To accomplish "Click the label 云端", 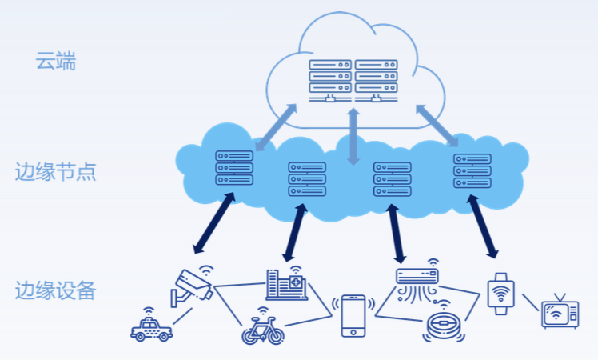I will click(x=55, y=61).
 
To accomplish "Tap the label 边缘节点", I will click(x=55, y=172).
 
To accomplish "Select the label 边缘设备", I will click(x=55, y=290).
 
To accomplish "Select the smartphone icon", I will click(x=353, y=315).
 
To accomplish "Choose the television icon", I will click(x=560, y=313).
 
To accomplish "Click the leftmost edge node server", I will click(x=233, y=168).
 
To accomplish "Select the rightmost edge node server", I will click(x=472, y=170).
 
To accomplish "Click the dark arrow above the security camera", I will click(x=213, y=222).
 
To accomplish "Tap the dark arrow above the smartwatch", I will click(x=483, y=226).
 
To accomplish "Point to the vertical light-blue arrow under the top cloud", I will click(x=353, y=135).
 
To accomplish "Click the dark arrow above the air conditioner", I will click(x=396, y=232).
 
